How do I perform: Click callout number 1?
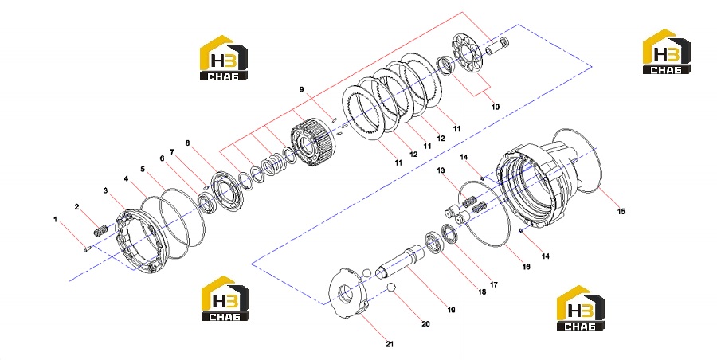point(55,220)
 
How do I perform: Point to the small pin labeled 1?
point(88,248)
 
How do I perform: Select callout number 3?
point(105,190)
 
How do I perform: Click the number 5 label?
point(143,170)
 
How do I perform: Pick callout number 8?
point(187,143)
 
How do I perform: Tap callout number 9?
point(301,89)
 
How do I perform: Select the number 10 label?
point(496,107)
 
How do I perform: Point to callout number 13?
point(441,170)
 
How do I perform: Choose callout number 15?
point(621,211)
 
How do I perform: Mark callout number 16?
point(527,267)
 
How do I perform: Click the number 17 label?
point(493,284)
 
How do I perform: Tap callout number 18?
point(481,292)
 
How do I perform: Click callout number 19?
point(452,310)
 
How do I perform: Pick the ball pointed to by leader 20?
point(390,288)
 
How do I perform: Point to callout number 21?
point(389,344)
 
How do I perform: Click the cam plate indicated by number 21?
point(348,295)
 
